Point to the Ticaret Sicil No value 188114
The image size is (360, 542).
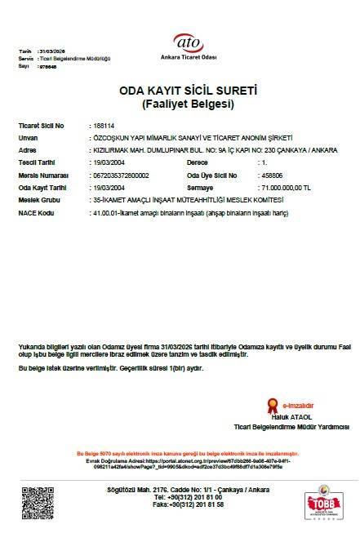[105, 127]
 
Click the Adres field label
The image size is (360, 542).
[28, 151]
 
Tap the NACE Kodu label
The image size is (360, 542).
[35, 212]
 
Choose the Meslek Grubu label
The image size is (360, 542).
[38, 200]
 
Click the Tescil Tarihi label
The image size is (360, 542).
[37, 163]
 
